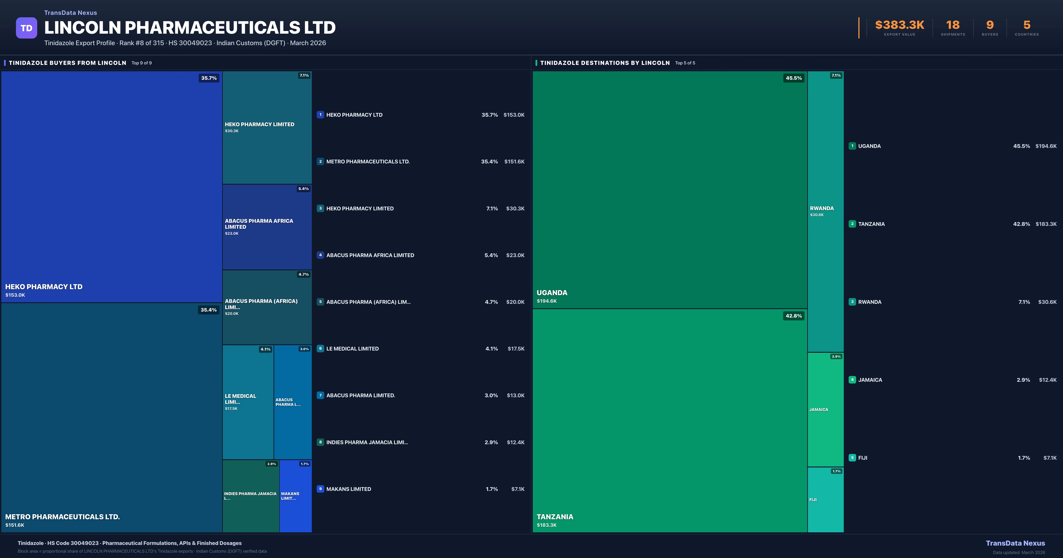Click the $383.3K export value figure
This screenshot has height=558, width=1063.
pos(900,25)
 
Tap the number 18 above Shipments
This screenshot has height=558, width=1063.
pos(953,25)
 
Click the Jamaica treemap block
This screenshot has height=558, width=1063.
pos(825,409)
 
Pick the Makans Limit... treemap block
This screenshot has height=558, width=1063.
pos(295,496)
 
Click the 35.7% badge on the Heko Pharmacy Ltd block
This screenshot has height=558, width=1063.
pos(209,78)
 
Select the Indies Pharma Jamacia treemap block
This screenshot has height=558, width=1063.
pos(250,496)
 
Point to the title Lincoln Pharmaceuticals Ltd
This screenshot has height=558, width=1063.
pos(190,28)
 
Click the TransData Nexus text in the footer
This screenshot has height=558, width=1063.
pos(1015,543)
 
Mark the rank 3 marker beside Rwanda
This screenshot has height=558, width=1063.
pos(852,302)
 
